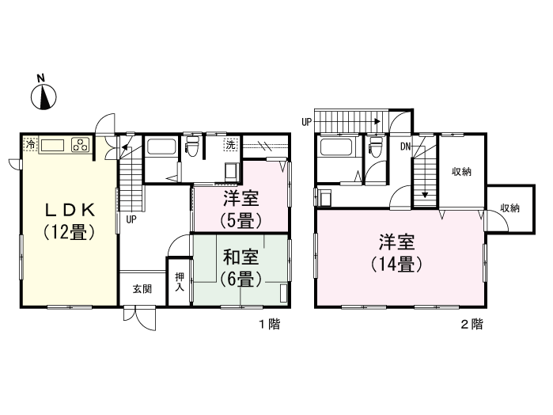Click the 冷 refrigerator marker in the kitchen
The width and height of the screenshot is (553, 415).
click(x=30, y=145)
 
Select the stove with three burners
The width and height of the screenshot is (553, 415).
click(x=81, y=145)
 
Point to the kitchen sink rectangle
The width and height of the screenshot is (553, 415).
click(x=53, y=145)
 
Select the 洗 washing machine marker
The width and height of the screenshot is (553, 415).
click(x=230, y=145)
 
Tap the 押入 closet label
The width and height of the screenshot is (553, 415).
click(x=179, y=281)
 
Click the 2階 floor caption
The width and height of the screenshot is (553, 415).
click(x=472, y=323)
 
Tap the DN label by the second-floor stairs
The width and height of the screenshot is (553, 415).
click(x=405, y=147)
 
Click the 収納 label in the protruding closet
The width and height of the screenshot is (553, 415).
click(x=509, y=208)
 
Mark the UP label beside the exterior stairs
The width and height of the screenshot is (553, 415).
click(x=307, y=121)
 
